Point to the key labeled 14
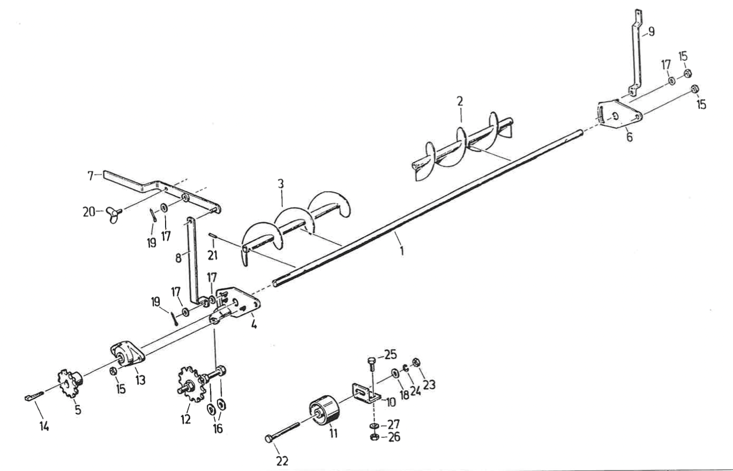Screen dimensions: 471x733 tap(33, 397)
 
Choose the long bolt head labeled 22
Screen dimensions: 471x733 tap(268, 439)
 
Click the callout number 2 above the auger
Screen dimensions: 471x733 tap(460, 100)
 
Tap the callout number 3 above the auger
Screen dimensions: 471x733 tap(280, 185)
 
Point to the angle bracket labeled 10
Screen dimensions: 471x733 tap(366, 392)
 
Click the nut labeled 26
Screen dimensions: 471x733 tap(375, 438)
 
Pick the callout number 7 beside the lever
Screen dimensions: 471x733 tap(91, 174)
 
